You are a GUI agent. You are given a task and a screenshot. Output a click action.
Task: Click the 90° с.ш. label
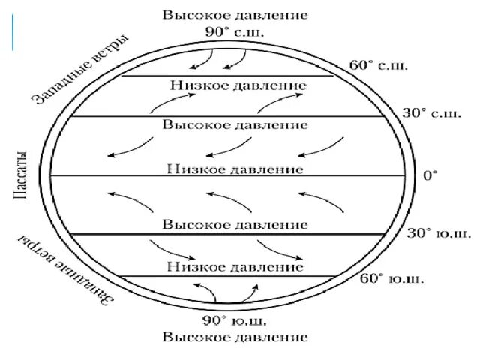click(234, 32)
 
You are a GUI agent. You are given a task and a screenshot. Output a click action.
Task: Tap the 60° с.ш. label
click(379, 64)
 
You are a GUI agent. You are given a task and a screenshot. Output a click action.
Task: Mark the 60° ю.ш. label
click(392, 279)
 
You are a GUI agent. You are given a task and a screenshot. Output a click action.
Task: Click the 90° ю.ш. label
click(235, 319)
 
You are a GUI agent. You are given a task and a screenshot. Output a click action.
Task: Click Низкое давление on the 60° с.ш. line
click(235, 86)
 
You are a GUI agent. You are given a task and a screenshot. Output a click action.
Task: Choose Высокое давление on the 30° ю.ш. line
click(235, 224)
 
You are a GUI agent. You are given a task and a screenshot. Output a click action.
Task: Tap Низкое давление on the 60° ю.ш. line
click(235, 266)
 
